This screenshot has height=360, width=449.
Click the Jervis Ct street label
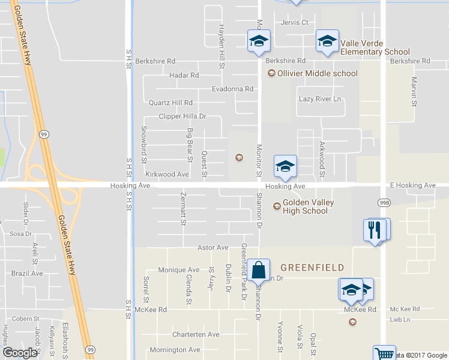[294, 23]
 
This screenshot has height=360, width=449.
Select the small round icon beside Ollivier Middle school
[271, 74]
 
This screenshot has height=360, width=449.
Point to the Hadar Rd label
[184, 76]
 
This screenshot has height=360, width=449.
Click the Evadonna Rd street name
[232, 89]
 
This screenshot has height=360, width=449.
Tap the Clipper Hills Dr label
[182, 116]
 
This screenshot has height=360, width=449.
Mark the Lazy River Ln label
[320, 99]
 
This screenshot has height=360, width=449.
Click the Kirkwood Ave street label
[167, 175]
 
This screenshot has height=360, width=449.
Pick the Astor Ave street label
[213, 248]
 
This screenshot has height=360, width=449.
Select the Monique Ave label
[179, 270]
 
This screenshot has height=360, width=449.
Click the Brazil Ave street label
[27, 273]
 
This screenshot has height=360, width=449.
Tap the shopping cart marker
[384, 354]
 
